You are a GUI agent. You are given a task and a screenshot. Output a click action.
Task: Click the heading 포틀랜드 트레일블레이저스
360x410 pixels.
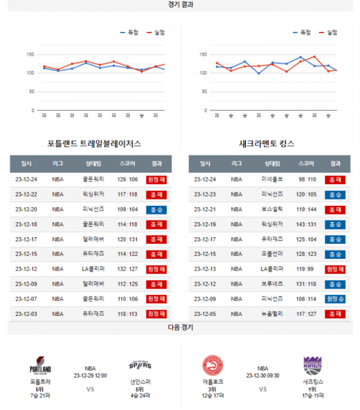(x=94, y=144)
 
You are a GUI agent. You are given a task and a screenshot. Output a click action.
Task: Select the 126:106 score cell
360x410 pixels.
(x=128, y=179)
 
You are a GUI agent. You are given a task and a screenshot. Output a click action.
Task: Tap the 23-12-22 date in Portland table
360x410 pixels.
(x=26, y=194)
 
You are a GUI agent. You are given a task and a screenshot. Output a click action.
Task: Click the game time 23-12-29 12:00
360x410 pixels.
(x=90, y=375)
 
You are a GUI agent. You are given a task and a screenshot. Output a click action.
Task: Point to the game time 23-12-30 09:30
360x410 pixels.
(x=263, y=375)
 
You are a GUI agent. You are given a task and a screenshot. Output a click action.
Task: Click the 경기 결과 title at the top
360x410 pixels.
(x=181, y=5)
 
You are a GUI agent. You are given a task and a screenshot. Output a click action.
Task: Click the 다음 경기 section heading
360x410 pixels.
(x=181, y=328)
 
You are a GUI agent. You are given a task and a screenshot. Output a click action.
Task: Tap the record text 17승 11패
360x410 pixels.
(x=312, y=395)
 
